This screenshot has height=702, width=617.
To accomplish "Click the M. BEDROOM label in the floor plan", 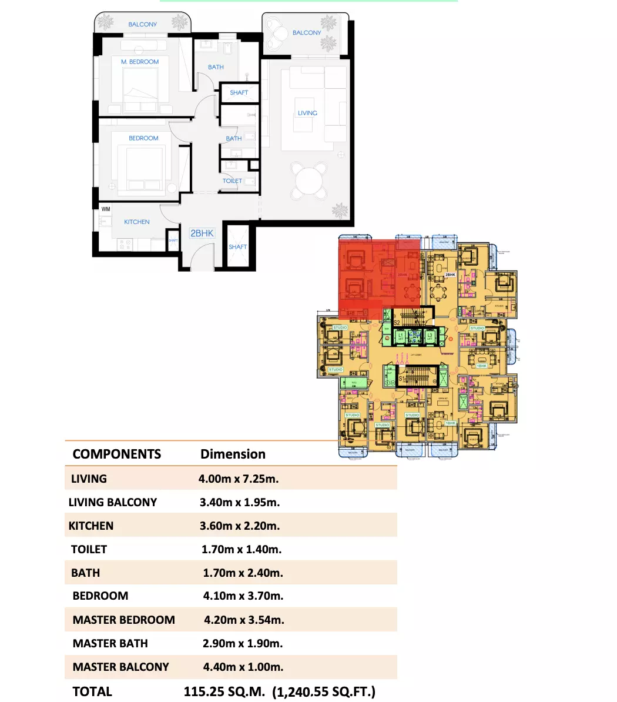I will (x=140, y=62).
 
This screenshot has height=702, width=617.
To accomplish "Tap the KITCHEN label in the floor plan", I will (x=136, y=222).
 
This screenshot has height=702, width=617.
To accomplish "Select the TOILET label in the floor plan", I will (x=232, y=181).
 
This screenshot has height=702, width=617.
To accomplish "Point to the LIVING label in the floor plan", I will (x=307, y=113).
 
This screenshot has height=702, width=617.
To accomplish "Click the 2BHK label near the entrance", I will (x=202, y=233).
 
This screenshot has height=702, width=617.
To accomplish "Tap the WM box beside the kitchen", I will (x=106, y=209).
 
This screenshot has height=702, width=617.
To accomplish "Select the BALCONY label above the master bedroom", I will (x=143, y=25).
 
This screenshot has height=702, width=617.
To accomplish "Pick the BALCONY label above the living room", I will (x=307, y=33).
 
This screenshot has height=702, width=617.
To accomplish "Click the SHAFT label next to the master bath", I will (x=239, y=93).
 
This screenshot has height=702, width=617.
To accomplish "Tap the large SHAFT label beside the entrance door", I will (x=238, y=247).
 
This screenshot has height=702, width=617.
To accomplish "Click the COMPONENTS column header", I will (x=116, y=454).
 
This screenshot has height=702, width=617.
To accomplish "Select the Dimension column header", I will (x=233, y=454).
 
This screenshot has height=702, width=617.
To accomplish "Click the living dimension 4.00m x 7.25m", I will (x=239, y=479).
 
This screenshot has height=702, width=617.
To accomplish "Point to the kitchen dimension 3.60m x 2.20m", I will (x=240, y=526).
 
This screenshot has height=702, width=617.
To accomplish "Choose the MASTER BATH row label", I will (x=110, y=643).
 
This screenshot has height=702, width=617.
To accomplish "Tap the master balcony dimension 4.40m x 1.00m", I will (x=243, y=667).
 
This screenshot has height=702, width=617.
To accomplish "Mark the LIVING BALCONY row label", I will (x=113, y=502).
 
